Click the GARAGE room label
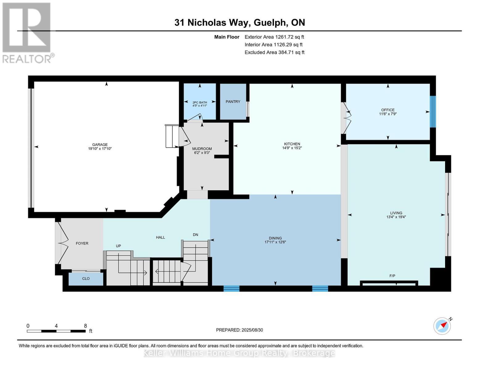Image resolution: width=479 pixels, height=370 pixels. pos(100,145)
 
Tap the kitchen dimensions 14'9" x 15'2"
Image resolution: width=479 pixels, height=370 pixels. pos(292,148)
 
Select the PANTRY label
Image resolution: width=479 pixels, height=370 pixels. pos(233,102)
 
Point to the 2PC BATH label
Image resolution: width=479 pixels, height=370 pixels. pos(200,102)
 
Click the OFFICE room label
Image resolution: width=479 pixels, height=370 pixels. pos(388,110)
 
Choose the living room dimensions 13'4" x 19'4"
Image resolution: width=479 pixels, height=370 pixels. pos(396,217)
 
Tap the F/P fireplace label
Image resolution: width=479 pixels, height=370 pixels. pos(392,276)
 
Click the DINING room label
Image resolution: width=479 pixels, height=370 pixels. pos(275,238)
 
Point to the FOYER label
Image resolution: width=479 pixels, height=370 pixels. pos(82,244)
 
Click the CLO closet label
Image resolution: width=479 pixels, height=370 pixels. pos(86,279)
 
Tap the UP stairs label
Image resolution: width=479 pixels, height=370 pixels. pos(118,246)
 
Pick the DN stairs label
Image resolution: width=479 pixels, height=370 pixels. pos(195,235)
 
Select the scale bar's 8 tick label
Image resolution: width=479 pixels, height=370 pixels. pos(85,326)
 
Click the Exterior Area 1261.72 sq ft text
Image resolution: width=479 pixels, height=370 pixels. pos(274,37)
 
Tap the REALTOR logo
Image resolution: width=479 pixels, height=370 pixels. pos(27,32)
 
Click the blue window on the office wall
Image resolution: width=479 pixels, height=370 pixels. pos(433,112)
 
